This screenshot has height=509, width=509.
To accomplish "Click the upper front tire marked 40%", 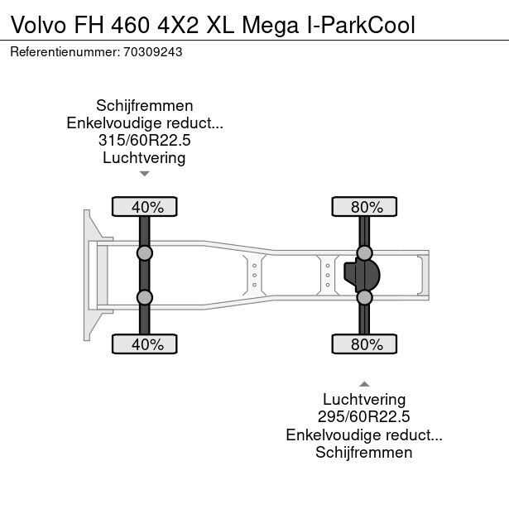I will [144, 207].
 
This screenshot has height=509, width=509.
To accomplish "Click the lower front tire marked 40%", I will [144, 344].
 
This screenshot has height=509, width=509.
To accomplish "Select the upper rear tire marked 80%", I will [363, 207].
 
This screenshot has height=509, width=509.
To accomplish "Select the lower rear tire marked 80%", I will [363, 344].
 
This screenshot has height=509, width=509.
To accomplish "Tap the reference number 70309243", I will [153, 51].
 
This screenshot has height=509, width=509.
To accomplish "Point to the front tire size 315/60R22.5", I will [144, 141].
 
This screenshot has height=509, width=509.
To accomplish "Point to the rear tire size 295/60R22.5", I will [363, 417].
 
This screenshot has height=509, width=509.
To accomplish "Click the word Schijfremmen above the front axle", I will [144, 106].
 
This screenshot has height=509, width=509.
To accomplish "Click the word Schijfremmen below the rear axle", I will [363, 452].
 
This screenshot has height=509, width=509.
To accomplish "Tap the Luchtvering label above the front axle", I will [144, 158].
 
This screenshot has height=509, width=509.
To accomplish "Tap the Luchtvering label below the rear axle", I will [363, 400].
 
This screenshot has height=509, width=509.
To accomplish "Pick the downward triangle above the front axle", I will [144, 174].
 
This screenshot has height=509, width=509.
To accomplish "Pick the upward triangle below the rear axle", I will [363, 384].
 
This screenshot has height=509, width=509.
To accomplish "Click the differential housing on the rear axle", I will [367, 275].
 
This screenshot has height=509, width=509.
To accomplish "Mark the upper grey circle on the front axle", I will [144, 253].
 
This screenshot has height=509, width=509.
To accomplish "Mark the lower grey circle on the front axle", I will [144, 297].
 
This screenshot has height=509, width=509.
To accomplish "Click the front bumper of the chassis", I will [87, 275].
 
